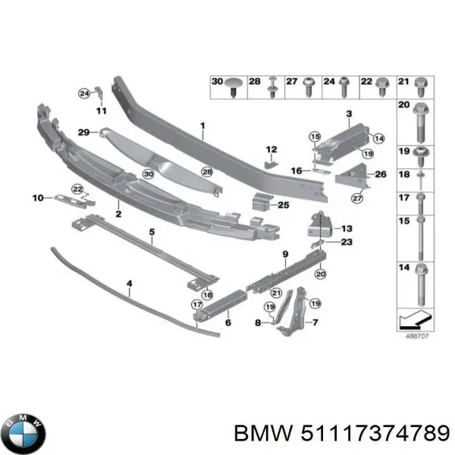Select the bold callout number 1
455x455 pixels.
(x=202, y=127)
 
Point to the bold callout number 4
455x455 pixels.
(x=129, y=285)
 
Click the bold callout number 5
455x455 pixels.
(x=151, y=231)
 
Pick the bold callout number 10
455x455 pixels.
(x=37, y=199)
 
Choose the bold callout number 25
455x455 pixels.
(x=283, y=205)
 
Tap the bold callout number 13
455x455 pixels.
(x=347, y=228)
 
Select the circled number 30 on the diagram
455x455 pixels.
(x=149, y=174)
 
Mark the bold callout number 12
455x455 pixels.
(x=271, y=149)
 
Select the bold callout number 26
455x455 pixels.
(x=381, y=174)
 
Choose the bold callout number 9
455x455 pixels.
(x=285, y=253)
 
